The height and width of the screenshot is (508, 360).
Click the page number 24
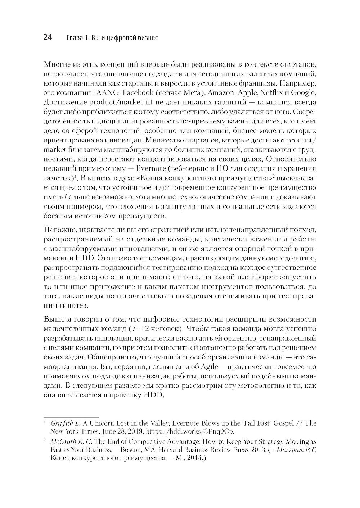48,37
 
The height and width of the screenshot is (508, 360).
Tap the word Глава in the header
74,37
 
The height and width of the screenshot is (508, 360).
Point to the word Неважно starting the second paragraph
58,230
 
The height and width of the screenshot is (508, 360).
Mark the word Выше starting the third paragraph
53,319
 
